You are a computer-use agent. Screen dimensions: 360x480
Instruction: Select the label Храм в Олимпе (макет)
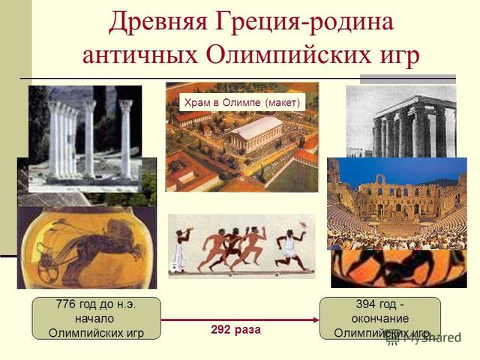tap(241, 101)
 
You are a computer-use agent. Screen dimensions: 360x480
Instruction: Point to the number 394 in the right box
tap(367, 304)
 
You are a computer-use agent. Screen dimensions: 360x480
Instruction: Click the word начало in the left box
tap(94, 318)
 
